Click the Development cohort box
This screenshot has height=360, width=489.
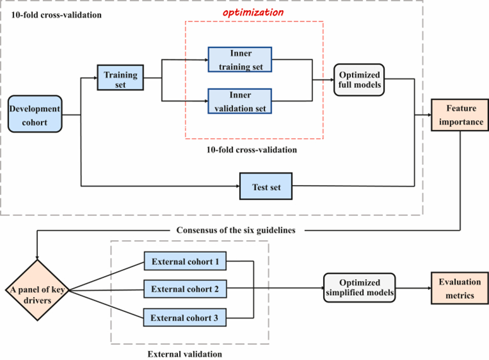coord(35,114)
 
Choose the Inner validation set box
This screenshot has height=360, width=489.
coord(239,101)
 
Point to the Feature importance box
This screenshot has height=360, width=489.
coord(459,114)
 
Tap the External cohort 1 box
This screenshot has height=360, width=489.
coord(185,261)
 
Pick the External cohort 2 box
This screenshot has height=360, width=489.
coord(185,289)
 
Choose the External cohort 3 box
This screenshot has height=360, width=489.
coord(185,318)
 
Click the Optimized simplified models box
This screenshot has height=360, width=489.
coord(359,289)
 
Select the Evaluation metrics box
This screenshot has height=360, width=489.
coord(459,289)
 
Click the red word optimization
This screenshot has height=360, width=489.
coord(253,12)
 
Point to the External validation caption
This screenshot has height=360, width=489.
coord(184,354)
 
